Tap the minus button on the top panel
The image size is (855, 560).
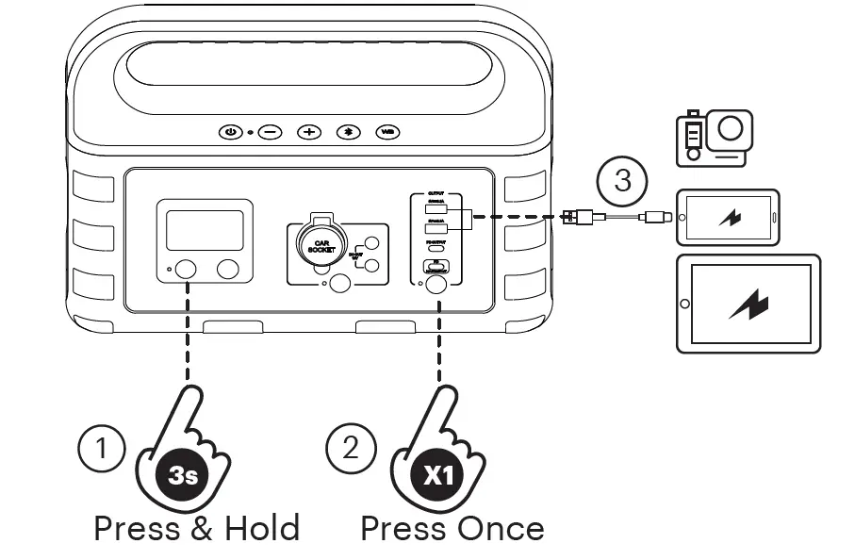pyautogui.click(x=271, y=132)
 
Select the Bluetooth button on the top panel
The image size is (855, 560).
pyautogui.click(x=349, y=132)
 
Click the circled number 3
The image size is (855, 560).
pyautogui.click(x=623, y=179)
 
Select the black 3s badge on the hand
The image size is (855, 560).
pyautogui.click(x=183, y=476)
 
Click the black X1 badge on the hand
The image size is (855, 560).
pyautogui.click(x=437, y=476)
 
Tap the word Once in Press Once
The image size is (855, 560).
pyautogui.click(x=500, y=528)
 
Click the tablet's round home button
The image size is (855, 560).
pyautogui.click(x=685, y=304)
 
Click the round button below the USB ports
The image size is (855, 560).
pyautogui.click(x=436, y=283)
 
